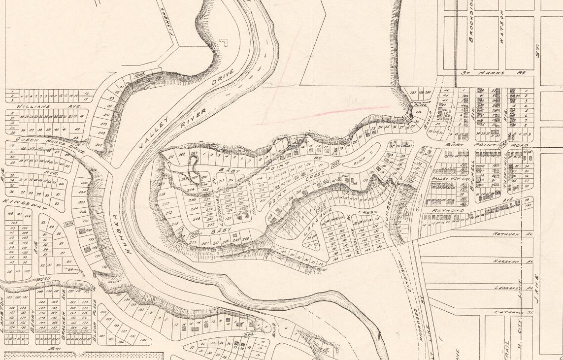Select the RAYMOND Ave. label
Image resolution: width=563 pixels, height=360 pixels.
pyautogui.click(x=448, y=210)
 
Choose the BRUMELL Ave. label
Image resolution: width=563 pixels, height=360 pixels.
pyautogui.click(x=471, y=170)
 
